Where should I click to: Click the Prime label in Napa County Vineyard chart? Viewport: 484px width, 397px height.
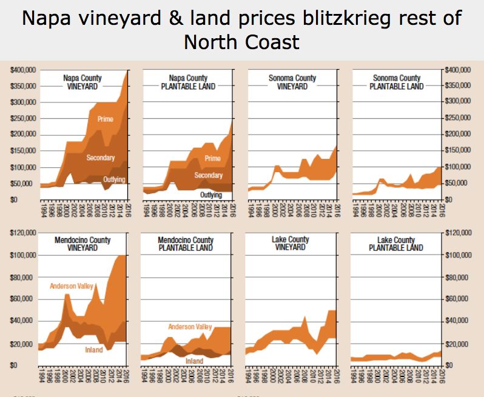[105, 119]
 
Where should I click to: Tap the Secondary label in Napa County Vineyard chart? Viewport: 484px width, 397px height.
[100, 158]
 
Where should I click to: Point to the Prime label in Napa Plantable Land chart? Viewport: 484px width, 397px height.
[212, 159]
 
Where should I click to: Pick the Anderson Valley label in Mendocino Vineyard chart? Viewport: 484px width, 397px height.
[72, 286]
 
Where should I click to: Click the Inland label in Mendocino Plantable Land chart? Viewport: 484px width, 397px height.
[194, 361]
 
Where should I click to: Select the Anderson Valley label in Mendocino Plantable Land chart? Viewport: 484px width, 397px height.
[190, 327]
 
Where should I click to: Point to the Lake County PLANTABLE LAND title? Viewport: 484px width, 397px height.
[396, 244]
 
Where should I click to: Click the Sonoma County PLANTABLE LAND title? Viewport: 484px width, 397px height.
[396, 82]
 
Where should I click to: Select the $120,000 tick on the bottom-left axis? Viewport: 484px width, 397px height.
[22, 233]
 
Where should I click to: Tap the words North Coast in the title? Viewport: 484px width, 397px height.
[241, 42]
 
